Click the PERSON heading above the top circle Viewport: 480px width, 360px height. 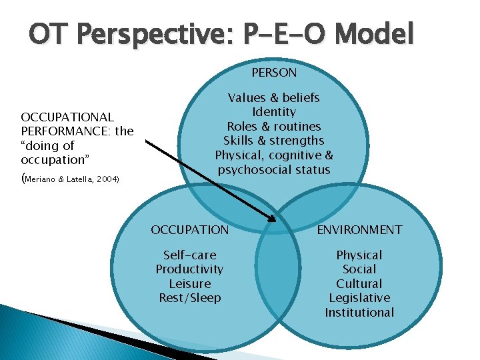(x=274, y=71)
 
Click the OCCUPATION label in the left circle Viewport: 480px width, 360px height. (x=190, y=230)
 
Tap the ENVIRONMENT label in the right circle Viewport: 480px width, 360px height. (x=359, y=230)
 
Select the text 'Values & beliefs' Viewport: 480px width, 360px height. (x=274, y=98)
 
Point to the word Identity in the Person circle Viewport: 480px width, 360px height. (x=274, y=112)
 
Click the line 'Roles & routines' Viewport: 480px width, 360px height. (x=274, y=127)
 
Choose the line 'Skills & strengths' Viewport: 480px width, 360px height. (x=274, y=141)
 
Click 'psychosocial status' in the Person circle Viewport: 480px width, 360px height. (x=274, y=170)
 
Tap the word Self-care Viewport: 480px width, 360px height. (x=190, y=255)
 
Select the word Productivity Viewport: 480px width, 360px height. (x=190, y=269)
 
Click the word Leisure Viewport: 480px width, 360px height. (x=190, y=283)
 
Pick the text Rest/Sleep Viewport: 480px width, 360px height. (x=190, y=298)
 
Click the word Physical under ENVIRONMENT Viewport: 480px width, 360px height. (x=359, y=255)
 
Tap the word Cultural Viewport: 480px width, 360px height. (x=359, y=283)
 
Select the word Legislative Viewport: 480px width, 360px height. (x=359, y=298)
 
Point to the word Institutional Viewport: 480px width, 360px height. (x=359, y=313)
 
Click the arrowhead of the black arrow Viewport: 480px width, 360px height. (x=273, y=218)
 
